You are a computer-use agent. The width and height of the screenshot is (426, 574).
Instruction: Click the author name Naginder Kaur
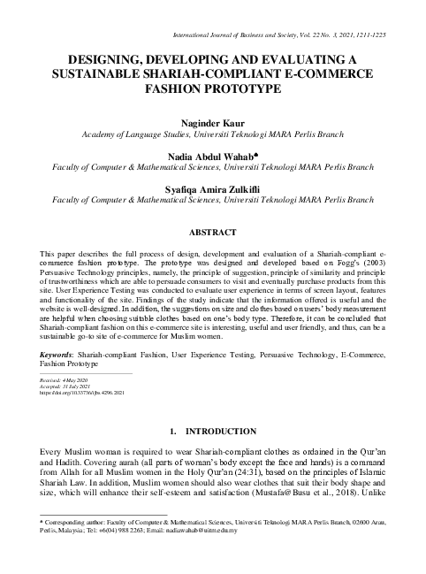213,122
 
